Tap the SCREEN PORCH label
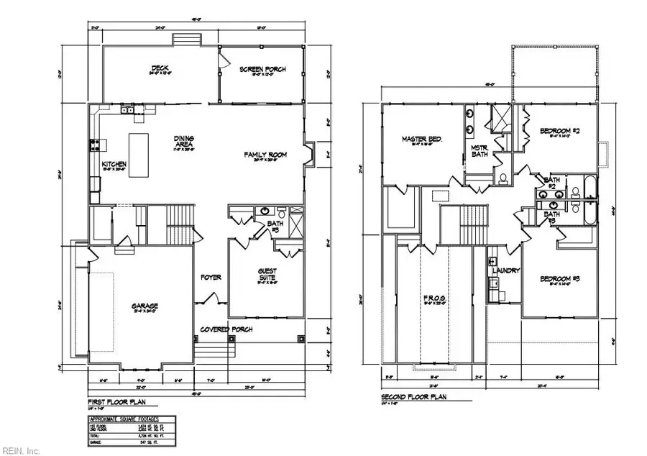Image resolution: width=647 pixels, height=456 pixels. pyautogui.click(x=262, y=69)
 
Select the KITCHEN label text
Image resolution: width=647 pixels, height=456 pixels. pyautogui.click(x=114, y=164)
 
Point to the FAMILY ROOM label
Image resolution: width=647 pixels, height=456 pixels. pyautogui.click(x=265, y=155)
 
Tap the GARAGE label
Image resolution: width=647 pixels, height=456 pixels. pyautogui.click(x=144, y=306)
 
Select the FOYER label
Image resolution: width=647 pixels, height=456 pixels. pyautogui.click(x=211, y=277)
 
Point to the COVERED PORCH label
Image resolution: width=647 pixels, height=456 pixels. pyautogui.click(x=226, y=329)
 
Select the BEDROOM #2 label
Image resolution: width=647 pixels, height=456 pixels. pyautogui.click(x=559, y=130)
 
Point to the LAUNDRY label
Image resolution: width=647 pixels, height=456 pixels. pyautogui.click(x=507, y=270)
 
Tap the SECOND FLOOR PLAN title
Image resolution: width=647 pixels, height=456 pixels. pyautogui.click(x=413, y=396)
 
